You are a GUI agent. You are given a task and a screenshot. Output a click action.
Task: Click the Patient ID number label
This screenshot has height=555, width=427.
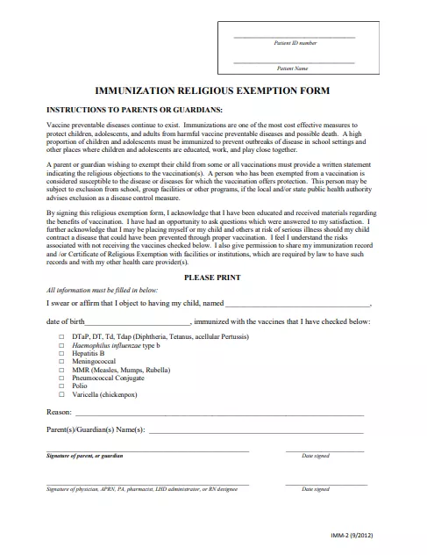(294, 43)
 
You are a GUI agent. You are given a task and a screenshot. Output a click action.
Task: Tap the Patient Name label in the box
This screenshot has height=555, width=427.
(292, 68)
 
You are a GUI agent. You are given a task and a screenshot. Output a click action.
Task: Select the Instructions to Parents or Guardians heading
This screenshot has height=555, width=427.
(122, 110)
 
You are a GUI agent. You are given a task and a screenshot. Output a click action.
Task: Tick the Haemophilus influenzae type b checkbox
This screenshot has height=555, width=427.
(60, 345)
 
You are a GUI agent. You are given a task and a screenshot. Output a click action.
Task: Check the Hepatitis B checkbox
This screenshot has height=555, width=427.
(60, 353)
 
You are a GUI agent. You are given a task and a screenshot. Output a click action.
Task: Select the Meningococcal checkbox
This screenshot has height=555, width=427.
(60, 361)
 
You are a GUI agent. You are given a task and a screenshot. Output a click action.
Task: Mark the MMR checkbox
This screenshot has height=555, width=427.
(60, 369)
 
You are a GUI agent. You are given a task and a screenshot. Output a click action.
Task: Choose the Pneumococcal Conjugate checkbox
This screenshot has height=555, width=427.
(60, 377)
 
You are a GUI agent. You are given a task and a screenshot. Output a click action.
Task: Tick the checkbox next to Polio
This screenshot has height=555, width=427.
(60, 385)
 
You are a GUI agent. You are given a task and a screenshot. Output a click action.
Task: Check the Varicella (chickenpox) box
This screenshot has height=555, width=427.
(60, 393)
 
